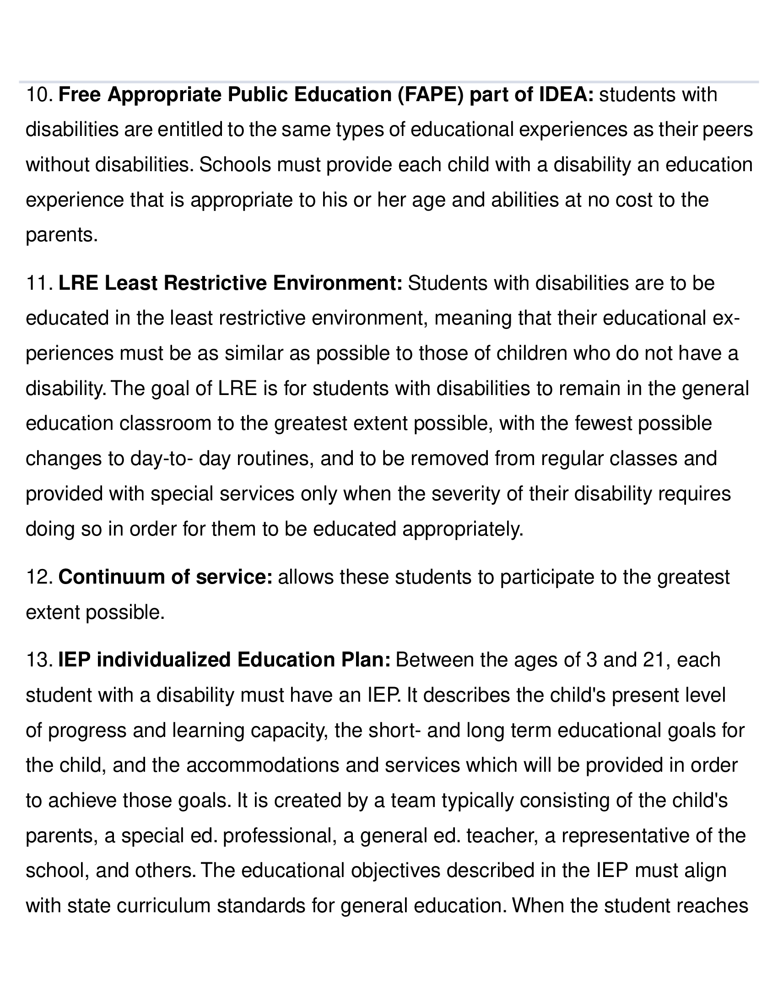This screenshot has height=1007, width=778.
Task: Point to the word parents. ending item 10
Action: click(x=62, y=235)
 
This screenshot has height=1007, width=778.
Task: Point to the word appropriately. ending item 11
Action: click(x=463, y=529)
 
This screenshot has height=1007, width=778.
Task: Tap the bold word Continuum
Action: click(x=111, y=577)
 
